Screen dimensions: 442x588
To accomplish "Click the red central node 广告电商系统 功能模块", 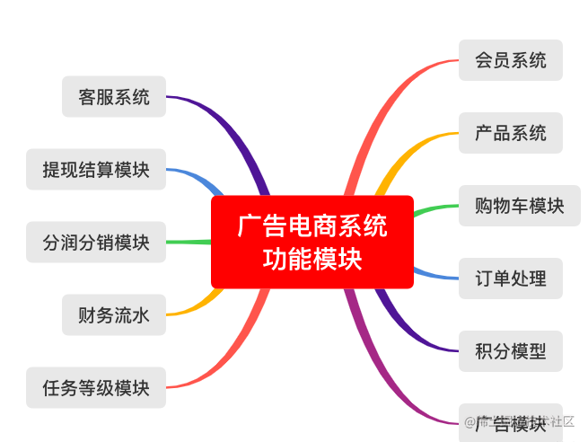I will click(312, 242).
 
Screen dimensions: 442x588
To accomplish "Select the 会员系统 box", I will click(510, 60).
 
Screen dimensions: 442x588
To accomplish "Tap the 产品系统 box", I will click(510, 133).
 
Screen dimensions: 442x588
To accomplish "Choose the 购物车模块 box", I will click(519, 205).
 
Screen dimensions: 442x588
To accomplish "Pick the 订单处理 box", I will click(510, 278).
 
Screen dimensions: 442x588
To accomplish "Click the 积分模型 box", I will click(510, 350).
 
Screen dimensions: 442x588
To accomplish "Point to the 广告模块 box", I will click(510, 421).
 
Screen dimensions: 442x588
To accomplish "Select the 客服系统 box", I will click(114, 96).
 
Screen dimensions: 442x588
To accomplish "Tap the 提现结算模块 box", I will click(96, 169).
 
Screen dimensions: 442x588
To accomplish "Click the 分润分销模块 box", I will click(96, 242).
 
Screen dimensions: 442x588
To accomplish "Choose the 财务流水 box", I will click(114, 314).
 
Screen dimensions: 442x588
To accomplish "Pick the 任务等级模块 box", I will click(96, 387).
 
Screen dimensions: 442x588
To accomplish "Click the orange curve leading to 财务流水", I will click(193, 307).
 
